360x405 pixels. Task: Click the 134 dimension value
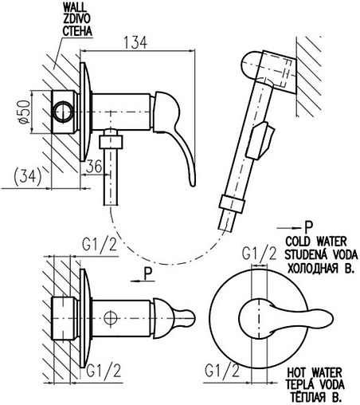tap(135, 42)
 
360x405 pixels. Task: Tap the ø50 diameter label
tap(24, 112)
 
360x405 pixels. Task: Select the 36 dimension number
tap(94, 167)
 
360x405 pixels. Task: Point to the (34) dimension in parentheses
tap(27, 177)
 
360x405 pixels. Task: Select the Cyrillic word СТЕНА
tap(77, 31)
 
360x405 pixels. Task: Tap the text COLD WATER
tap(316, 242)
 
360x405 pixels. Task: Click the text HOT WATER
tap(315, 372)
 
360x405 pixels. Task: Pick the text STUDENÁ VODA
tap(321, 254)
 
